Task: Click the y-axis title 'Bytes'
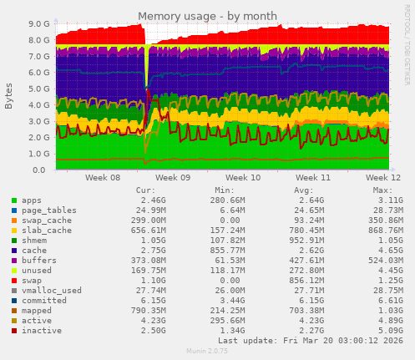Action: point(9,97)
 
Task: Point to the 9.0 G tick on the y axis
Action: point(38,24)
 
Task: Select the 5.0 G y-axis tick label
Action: point(38,89)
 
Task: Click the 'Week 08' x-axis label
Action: point(103,178)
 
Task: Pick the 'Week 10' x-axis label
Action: point(243,178)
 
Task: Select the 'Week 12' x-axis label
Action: point(383,178)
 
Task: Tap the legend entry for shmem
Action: point(36,241)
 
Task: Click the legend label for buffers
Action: point(39,261)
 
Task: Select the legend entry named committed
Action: point(44,301)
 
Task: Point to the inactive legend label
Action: point(42,331)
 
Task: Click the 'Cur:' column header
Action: point(145,190)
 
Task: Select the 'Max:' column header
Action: point(382,190)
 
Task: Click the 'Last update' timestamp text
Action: point(302,341)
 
